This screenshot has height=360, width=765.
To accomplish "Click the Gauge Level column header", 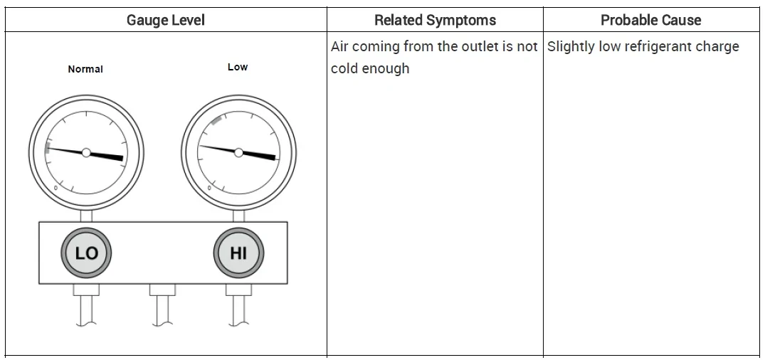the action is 165,20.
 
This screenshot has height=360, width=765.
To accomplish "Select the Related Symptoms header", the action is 436,20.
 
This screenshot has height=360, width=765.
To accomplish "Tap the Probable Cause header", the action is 651,20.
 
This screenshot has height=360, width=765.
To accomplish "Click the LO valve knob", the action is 86,253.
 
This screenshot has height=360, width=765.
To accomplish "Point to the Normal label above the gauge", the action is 85,69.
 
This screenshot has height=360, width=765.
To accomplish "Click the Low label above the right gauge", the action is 238,67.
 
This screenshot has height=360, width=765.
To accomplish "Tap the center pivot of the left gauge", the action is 86,153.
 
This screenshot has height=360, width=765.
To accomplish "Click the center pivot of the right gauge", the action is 238,153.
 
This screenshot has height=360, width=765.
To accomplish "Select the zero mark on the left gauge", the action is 56,188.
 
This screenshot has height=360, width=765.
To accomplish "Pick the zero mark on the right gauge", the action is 209,188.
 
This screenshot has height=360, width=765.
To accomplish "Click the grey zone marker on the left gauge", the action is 48,148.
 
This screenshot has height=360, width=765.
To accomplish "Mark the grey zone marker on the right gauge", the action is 216,120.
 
